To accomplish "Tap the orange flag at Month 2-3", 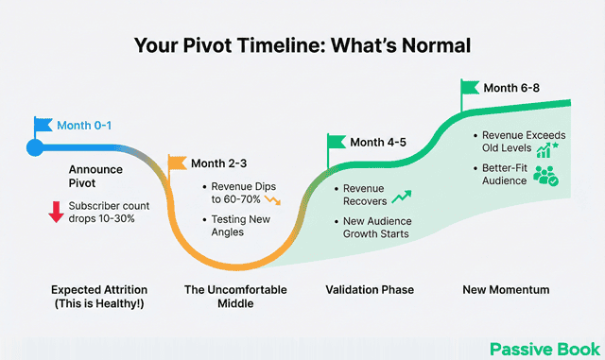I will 177,163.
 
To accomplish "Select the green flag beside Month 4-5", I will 337,143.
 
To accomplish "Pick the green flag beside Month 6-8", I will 470,88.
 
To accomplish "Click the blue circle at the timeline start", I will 35,147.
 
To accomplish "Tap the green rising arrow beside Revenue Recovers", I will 403,197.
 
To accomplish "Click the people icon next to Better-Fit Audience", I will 546,175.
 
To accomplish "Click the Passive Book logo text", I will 543,348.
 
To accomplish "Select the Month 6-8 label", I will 513,88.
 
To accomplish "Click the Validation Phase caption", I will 366,289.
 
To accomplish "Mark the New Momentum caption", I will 505,289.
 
